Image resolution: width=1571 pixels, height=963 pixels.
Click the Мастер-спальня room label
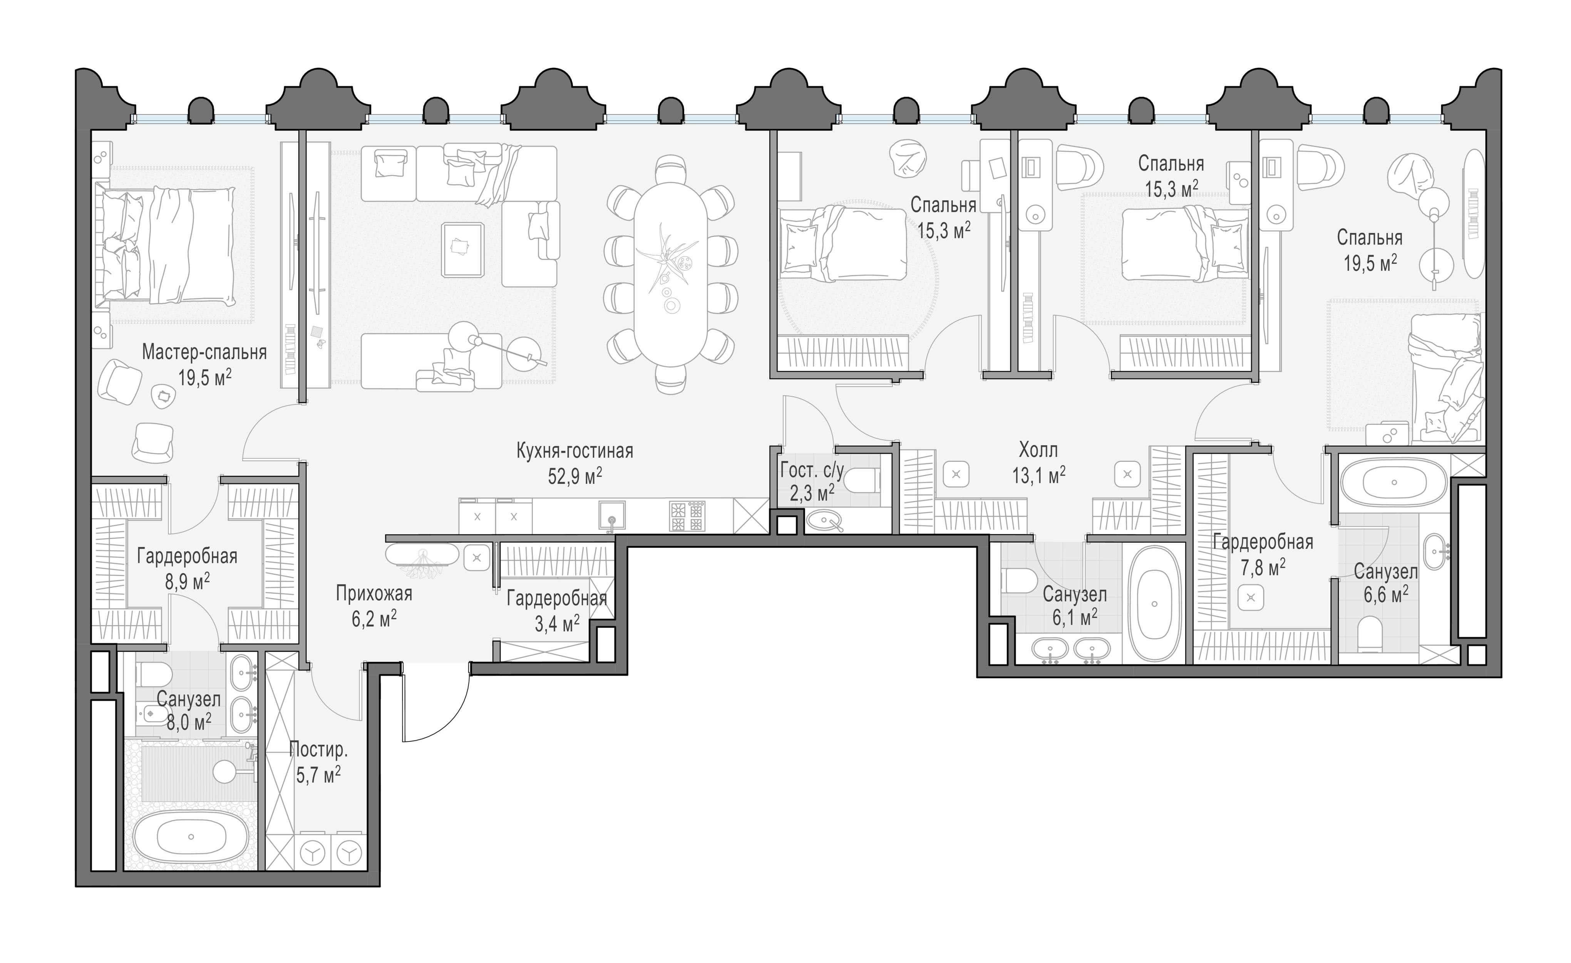click(204, 352)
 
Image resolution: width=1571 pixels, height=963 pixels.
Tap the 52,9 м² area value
click(575, 476)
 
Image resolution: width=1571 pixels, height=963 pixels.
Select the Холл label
click(1038, 450)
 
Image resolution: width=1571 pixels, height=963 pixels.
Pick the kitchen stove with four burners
click(687, 516)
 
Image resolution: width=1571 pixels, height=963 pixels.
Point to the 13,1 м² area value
click(1038, 475)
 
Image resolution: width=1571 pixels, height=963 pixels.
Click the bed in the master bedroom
click(166, 244)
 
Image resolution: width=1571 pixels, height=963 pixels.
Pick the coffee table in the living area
click(462, 249)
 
